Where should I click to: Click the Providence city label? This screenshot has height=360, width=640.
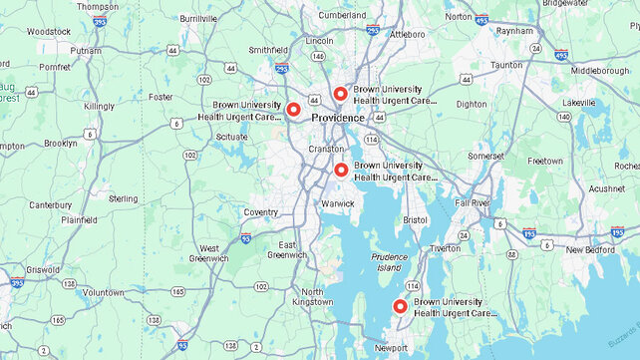point(338,118)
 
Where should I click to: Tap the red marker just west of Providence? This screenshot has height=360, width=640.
point(293,109)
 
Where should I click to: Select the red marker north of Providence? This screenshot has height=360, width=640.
point(340,94)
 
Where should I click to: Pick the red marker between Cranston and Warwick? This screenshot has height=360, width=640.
point(341,170)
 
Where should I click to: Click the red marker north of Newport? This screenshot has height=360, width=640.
point(401,306)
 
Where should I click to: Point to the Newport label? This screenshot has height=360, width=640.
point(391,348)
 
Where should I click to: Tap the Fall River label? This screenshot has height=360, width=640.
point(473,202)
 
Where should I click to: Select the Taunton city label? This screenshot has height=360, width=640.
point(506,65)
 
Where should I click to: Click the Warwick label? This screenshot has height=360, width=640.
point(338,203)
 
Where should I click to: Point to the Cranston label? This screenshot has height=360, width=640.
point(325,149)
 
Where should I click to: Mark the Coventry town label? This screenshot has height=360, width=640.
point(261,211)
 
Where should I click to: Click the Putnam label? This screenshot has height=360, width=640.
point(86,50)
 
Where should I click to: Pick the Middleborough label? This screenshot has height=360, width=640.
point(599,71)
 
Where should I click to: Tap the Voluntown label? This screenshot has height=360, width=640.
point(103,292)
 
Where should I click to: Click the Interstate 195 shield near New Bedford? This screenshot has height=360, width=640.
point(529,233)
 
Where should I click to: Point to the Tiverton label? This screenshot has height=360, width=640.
point(445,248)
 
